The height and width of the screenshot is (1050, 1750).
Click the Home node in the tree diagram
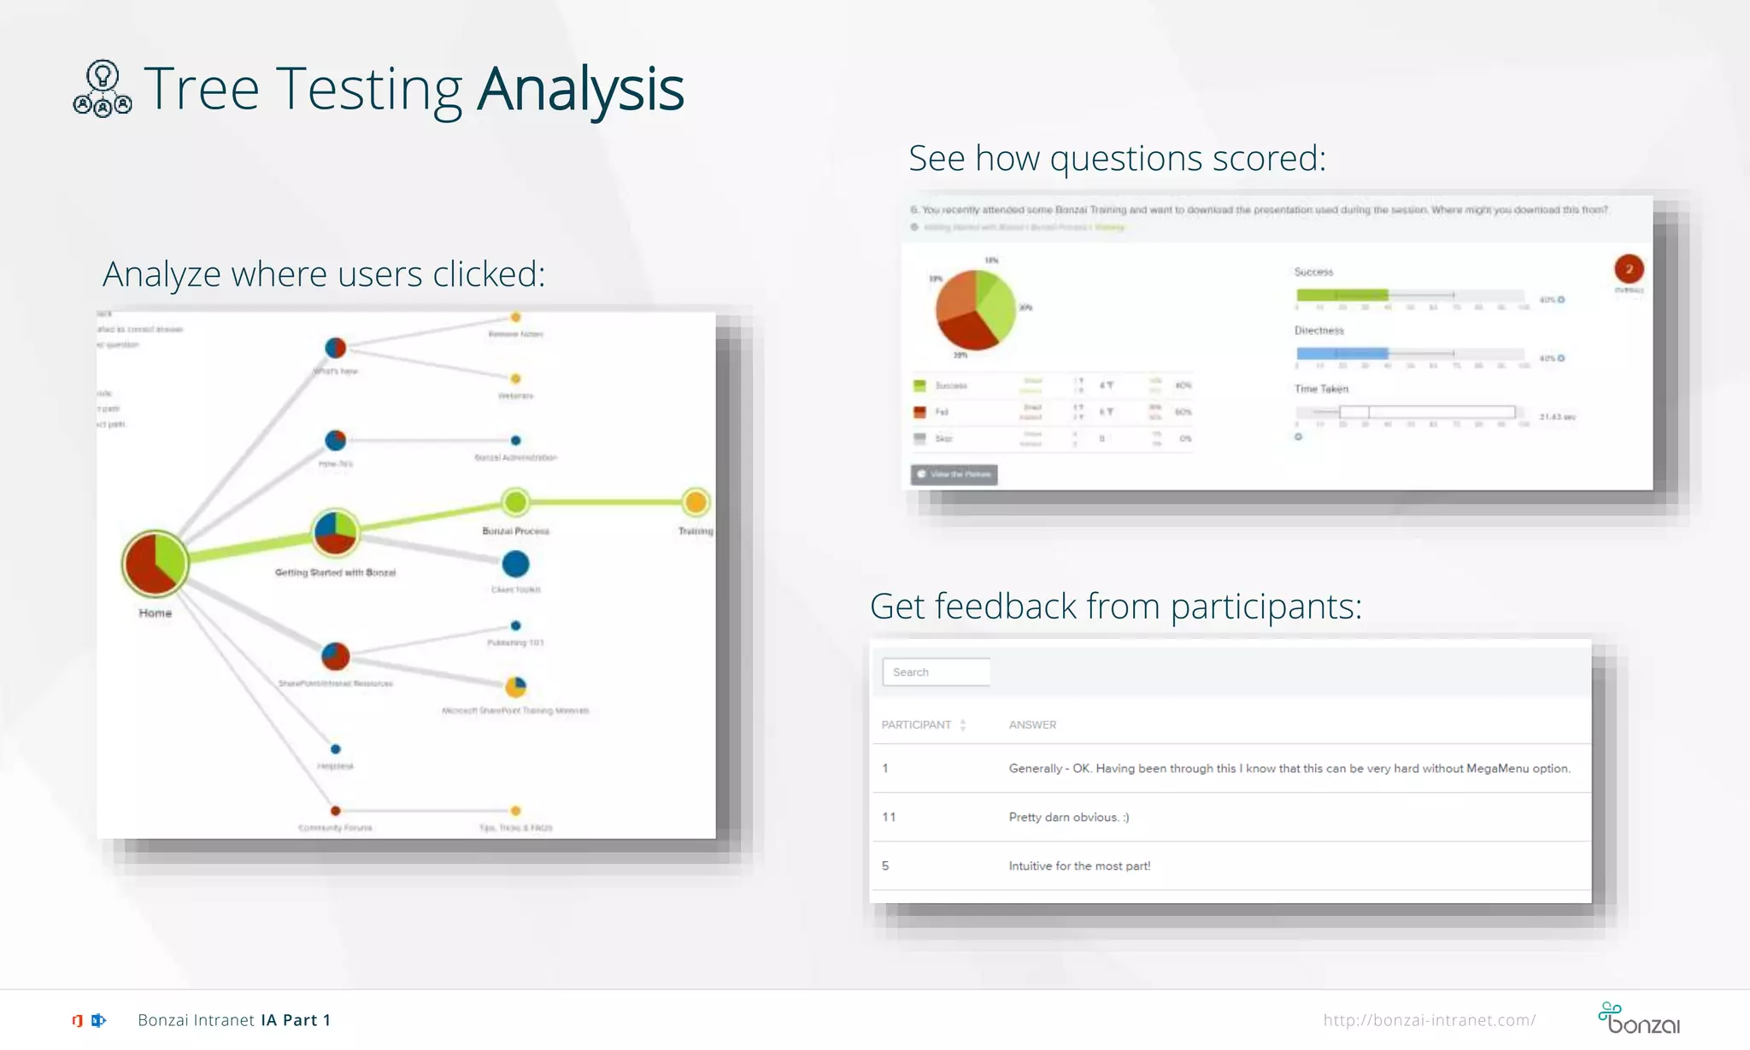pos(155,563)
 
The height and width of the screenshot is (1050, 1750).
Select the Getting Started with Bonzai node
pos(335,532)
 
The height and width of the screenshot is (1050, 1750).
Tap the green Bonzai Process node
pos(515,502)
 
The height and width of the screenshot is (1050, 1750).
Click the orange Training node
pos(696,502)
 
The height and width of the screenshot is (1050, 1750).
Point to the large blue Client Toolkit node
pos(515,564)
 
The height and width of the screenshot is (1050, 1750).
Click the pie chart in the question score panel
pos(975,309)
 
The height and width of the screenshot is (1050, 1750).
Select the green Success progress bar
pos(1342,296)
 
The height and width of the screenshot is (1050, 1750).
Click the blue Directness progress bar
pos(1342,354)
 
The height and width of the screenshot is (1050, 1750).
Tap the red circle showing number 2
pos(1629,269)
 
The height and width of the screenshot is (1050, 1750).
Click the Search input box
pos(936,672)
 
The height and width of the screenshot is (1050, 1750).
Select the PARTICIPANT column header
pos(916,724)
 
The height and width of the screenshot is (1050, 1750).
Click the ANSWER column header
pos(1032,724)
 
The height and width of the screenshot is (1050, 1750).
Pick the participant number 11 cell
pos(889,817)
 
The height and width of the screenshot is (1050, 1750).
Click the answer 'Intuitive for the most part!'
pos(1079,865)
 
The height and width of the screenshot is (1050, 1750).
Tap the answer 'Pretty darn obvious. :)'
pos(1068,817)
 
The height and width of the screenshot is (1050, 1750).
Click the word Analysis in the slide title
pos(580,89)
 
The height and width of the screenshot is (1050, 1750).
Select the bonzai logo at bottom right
pos(1639,1018)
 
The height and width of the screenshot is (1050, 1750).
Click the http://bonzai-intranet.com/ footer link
pos(1429,1020)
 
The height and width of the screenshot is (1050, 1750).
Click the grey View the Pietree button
pos(954,474)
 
